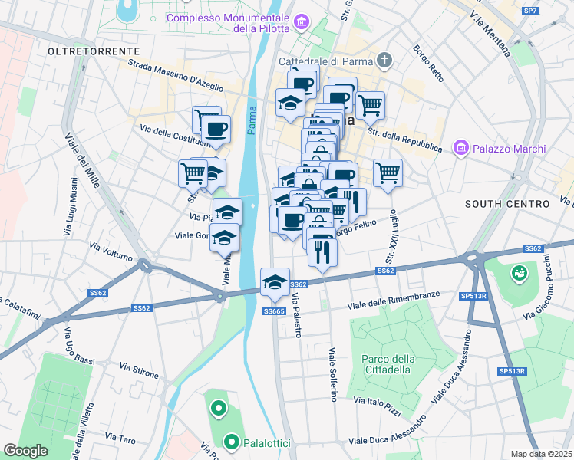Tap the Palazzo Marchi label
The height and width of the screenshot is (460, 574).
(510, 149)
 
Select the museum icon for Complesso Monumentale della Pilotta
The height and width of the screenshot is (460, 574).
(302, 23)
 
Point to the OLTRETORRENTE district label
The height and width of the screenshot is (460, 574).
(82, 51)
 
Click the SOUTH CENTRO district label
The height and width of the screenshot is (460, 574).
(507, 204)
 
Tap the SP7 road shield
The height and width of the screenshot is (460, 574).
(529, 11)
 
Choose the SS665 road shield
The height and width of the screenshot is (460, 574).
(274, 310)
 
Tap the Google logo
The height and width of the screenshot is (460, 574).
(25, 450)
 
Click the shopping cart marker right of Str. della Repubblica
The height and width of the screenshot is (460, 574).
(388, 172)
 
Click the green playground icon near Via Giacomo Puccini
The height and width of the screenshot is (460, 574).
(520, 272)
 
